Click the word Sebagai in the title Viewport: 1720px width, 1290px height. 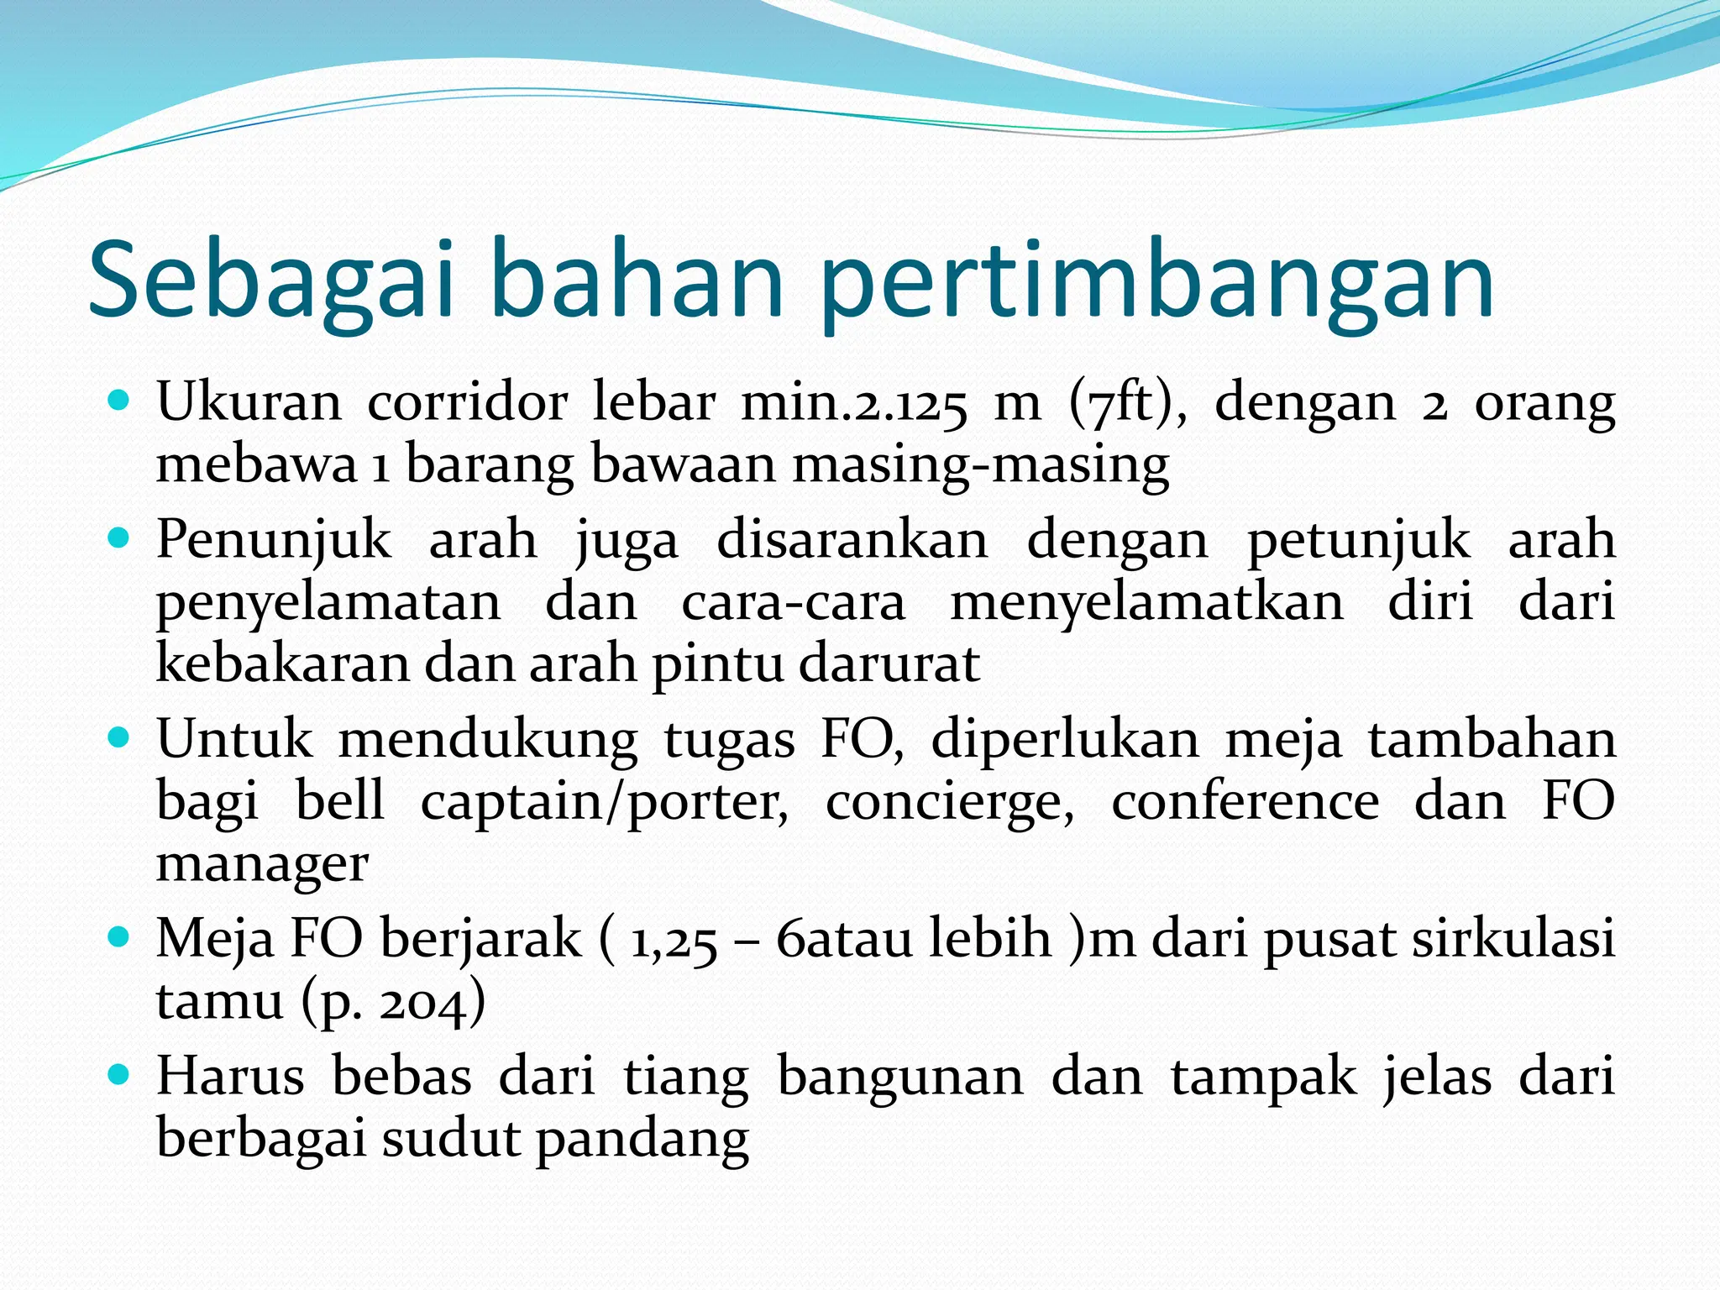[x=271, y=279]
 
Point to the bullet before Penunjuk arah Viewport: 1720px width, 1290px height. [x=119, y=538]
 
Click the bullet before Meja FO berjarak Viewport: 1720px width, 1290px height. [x=119, y=937]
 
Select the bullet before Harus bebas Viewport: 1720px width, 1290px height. [x=119, y=1075]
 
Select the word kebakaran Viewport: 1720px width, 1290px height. [x=284, y=663]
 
